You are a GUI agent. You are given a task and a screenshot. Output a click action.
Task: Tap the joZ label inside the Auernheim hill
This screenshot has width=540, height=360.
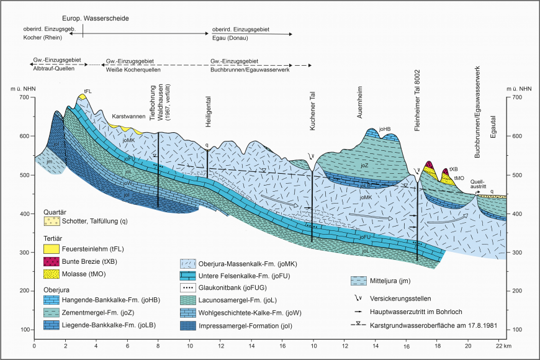tap(365, 166)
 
